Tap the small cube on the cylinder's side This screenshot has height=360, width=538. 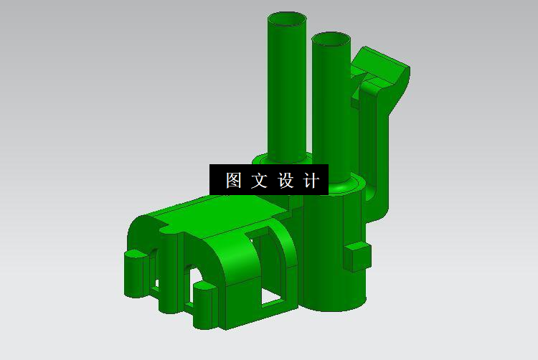357,257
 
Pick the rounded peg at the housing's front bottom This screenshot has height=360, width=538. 204,305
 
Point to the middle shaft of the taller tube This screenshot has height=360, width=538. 287,86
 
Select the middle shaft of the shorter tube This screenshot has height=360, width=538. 331,108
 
